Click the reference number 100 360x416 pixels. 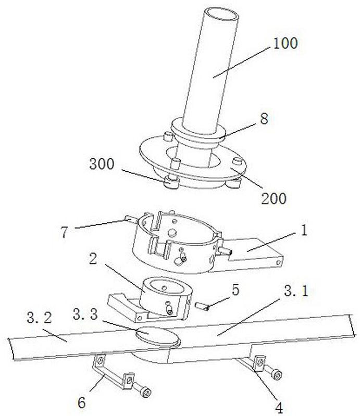point(285,43)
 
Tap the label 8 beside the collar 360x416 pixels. point(264,118)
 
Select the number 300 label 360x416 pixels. point(102,164)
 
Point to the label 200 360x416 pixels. point(274,198)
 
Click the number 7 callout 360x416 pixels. point(65,232)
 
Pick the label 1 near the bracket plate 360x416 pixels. point(304,230)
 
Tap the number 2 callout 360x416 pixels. point(93,258)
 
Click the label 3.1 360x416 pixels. point(296,291)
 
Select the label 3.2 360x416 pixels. point(39,318)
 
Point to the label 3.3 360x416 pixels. point(85,314)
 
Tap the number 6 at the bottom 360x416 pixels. point(82,402)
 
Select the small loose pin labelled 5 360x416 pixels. point(202,306)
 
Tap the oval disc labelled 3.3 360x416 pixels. point(158,337)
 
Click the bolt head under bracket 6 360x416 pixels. point(146,392)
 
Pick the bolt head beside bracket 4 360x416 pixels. point(277,375)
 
